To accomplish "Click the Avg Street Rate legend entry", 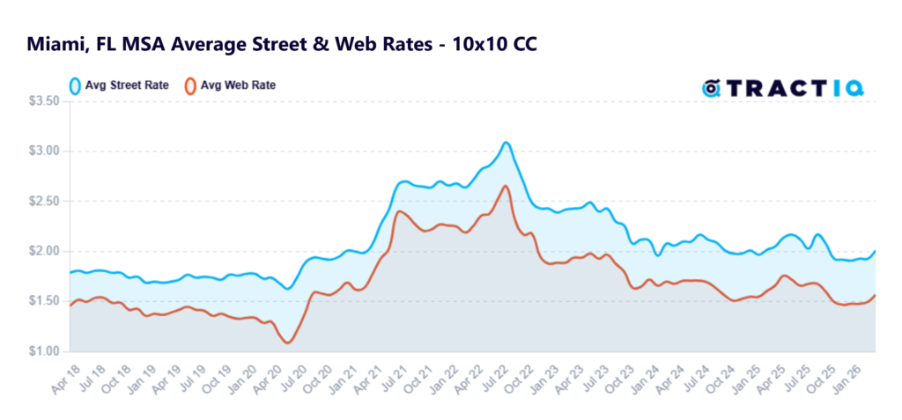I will point(119,86).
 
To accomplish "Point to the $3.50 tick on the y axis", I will point(43,101).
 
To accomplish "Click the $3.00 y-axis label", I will point(43,151).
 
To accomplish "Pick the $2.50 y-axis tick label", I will point(43,201).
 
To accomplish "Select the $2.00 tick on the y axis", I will point(43,251).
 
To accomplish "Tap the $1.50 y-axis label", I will point(43,301).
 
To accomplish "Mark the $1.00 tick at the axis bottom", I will point(43,351).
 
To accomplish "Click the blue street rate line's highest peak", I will point(506,142).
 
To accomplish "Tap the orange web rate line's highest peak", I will point(505,186).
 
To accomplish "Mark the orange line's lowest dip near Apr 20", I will point(288,343).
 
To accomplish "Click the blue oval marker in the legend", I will point(75,86).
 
